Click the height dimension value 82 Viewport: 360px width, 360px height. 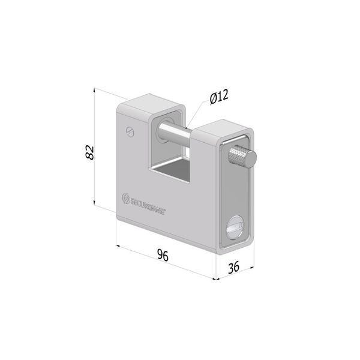coord(89,152)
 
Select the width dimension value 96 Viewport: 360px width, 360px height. coord(163,255)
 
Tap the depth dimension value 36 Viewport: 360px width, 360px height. coord(233,267)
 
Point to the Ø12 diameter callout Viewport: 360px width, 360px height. coord(219,97)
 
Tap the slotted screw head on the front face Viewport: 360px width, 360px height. coord(130,132)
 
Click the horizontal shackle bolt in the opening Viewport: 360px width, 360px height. coord(175,132)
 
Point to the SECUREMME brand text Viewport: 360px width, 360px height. coord(148,205)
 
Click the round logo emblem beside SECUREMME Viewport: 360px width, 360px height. coord(125,199)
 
